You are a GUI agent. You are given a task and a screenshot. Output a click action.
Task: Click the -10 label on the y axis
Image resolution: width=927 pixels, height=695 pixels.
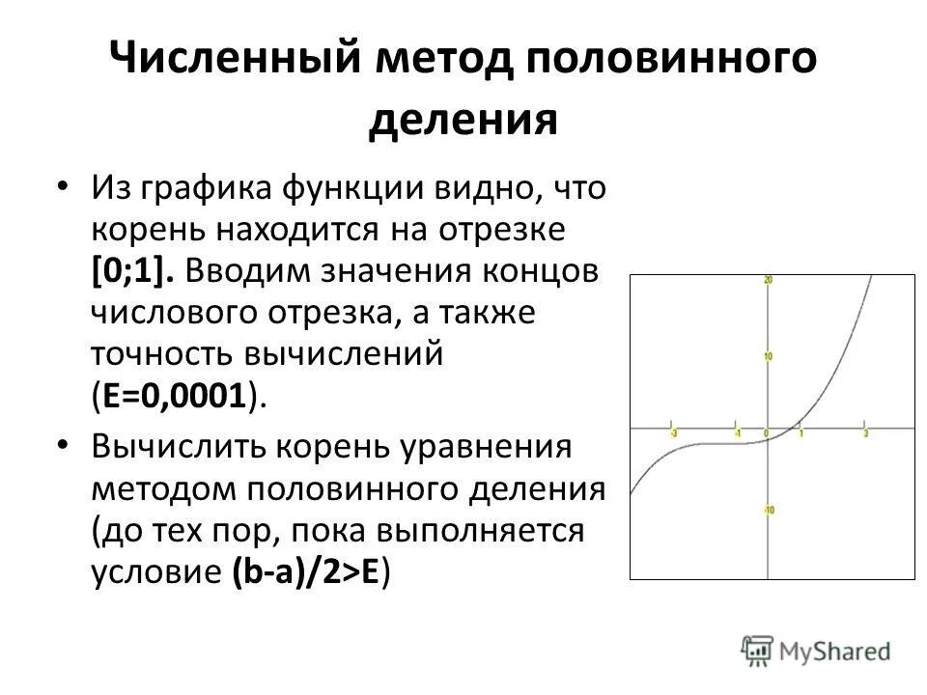769,510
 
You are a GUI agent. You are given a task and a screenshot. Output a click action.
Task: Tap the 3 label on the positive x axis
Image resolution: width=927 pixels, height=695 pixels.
865,433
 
